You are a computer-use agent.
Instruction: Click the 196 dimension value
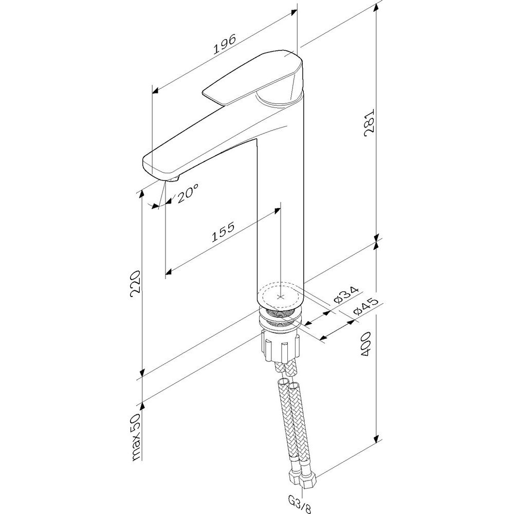tap(225, 44)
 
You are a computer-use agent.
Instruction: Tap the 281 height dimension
tap(370, 121)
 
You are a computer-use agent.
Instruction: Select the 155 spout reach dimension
tap(223, 232)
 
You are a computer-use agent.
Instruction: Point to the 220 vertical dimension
tap(135, 284)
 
